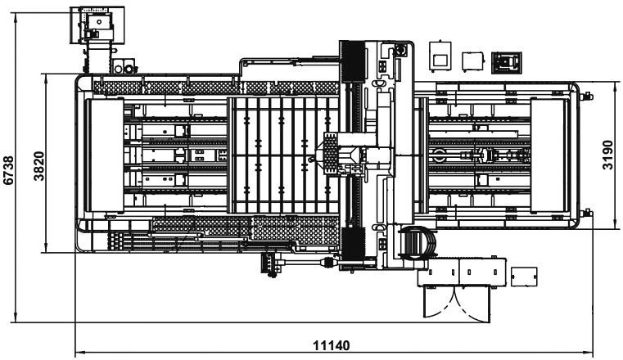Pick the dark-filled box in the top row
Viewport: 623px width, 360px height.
coord(507,61)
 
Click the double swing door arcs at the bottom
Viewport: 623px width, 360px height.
coord(457,304)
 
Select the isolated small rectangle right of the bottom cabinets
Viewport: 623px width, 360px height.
coord(521,277)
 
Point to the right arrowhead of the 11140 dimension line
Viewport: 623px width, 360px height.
coord(593,354)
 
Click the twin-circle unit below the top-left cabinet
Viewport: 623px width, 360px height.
coord(124,65)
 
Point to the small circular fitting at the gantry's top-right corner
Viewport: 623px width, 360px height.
coord(401,49)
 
